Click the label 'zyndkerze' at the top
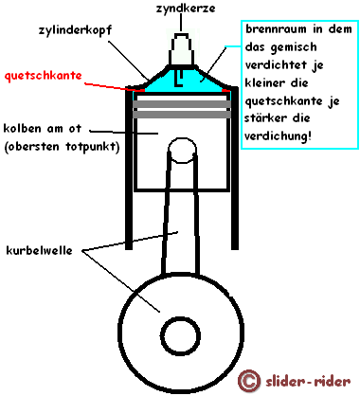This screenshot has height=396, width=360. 186,9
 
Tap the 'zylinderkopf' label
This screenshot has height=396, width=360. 75,30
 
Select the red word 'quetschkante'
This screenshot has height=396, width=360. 44,76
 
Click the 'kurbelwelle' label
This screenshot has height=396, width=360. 39,250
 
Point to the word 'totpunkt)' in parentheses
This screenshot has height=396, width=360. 93,147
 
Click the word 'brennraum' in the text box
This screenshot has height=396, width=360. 276,29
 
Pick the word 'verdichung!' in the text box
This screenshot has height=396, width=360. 279,136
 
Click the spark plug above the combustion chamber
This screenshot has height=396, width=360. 181,48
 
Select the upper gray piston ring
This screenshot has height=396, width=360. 182,104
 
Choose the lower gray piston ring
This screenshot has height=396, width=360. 182,115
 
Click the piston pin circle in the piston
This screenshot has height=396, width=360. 183,150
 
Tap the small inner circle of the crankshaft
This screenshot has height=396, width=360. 180,335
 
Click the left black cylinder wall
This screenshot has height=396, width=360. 129,169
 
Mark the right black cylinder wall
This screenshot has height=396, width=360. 235,169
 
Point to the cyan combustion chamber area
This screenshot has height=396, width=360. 189,84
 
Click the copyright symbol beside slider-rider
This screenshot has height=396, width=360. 249,381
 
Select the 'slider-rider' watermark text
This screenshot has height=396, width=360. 308,382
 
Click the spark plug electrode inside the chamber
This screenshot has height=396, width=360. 179,79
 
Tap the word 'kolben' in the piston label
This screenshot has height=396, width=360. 23,129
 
